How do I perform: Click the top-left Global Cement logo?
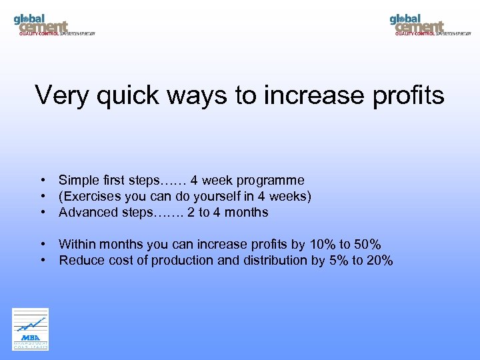point(53,24)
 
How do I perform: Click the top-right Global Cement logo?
point(429,24)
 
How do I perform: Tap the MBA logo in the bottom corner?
point(31,329)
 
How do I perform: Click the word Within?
point(77,244)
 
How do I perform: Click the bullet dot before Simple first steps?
point(42,180)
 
